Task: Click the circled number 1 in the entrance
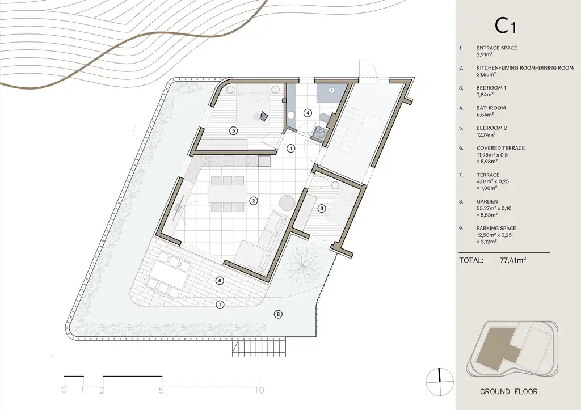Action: [x=291, y=149]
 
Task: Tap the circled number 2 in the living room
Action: [x=254, y=201]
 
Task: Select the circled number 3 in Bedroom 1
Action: [x=322, y=209]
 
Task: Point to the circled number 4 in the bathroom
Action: [x=307, y=113]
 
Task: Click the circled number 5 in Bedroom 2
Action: [x=233, y=130]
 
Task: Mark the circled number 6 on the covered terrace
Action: [x=220, y=281]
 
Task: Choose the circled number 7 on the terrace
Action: [x=220, y=305]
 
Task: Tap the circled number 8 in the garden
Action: [x=278, y=314]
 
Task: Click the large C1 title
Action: [x=505, y=26]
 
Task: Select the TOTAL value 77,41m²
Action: [x=513, y=260]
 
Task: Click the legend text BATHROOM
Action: [x=491, y=108]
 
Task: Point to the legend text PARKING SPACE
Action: [x=496, y=228]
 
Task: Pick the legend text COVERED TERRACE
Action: [x=500, y=148]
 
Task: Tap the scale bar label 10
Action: [x=259, y=390]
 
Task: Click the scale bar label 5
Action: [x=161, y=390]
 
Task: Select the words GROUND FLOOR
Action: [x=509, y=391]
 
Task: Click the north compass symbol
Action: [x=440, y=382]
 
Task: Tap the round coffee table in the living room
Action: [x=287, y=204]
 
